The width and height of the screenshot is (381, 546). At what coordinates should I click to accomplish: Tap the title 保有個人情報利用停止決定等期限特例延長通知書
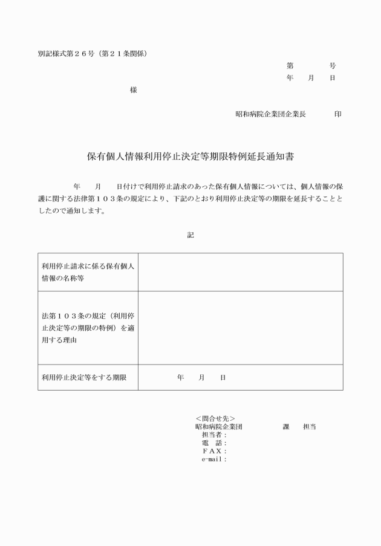coord(190,156)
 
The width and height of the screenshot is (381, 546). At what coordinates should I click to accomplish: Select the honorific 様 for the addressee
coord(134,90)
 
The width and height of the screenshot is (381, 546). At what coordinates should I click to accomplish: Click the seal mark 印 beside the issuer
coord(337,114)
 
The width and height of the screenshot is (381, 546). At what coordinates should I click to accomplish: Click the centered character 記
coord(190,235)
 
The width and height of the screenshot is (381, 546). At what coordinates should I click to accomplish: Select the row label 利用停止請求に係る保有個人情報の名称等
coord(88,271)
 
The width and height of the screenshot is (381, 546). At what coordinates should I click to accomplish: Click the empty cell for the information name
coord(240,271)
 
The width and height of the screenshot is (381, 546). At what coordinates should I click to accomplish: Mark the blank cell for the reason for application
coord(240,328)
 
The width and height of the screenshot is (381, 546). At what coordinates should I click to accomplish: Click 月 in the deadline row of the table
coord(201,377)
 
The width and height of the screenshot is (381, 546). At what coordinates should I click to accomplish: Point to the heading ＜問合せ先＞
coord(215,418)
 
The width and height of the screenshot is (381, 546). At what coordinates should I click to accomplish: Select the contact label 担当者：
coord(214,435)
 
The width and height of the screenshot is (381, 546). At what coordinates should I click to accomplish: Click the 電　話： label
coord(214,443)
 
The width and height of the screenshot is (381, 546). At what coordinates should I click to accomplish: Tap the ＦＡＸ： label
coord(214,451)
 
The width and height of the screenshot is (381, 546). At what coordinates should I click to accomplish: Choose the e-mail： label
coord(214,460)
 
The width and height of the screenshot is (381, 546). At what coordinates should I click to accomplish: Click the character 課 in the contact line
coord(286,427)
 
